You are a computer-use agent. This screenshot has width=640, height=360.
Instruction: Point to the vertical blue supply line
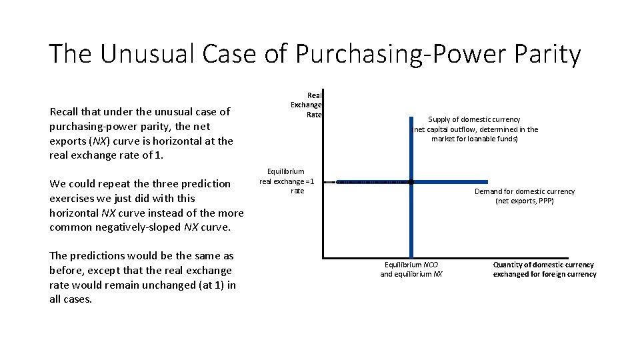[411, 220]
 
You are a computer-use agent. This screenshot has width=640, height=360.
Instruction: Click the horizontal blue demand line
[453, 181]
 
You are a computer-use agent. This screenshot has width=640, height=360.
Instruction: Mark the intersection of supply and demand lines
[411, 181]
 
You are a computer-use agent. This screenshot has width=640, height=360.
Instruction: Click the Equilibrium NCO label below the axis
[411, 265]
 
